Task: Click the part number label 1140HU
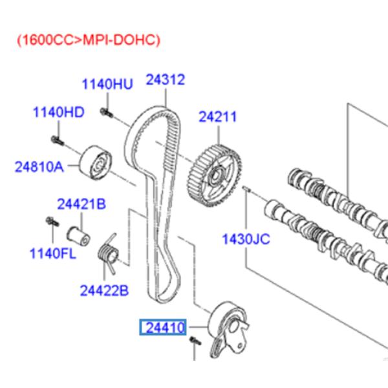pos(107,85)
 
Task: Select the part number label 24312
pos(165,80)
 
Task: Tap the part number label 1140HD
pos(59,113)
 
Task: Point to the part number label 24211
pos(217,117)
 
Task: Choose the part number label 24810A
pos(39,167)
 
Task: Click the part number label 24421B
pos(81,205)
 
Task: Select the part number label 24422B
pos(105,290)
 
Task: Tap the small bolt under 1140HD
pos(56,139)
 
